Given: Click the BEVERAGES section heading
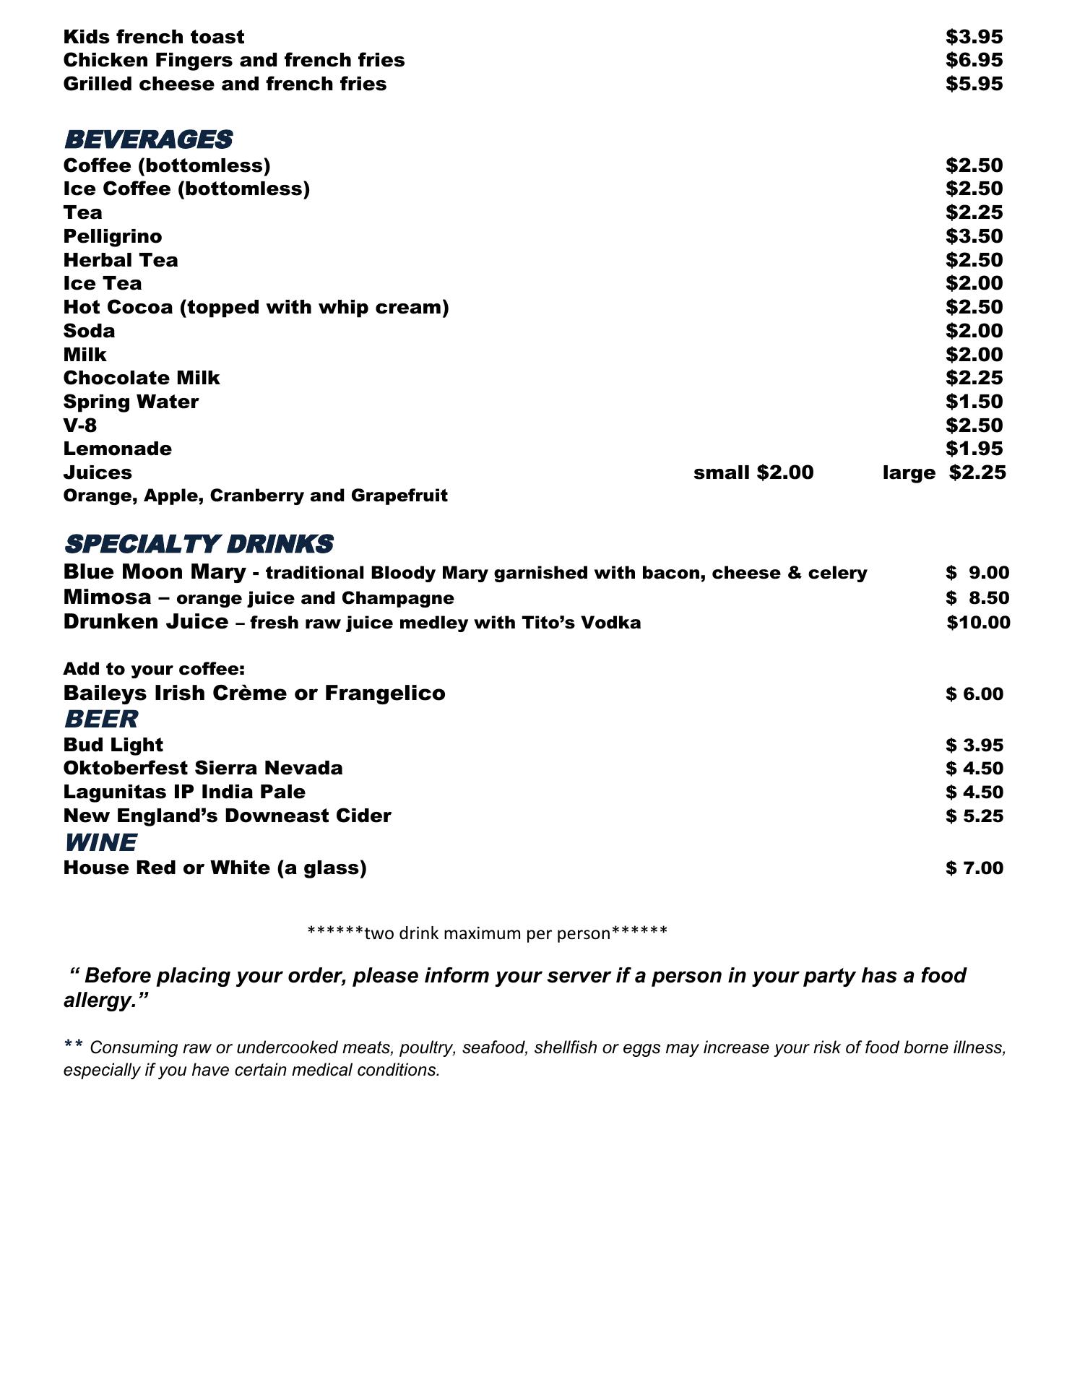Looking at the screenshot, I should click(148, 139).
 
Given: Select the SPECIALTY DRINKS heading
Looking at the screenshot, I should click(198, 544).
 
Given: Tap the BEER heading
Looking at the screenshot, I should click(100, 720).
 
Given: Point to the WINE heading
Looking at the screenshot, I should click(100, 843).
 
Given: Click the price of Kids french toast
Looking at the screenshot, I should click(974, 37).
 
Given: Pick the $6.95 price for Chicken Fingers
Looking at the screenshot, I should click(974, 60).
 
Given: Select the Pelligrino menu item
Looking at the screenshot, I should click(113, 237).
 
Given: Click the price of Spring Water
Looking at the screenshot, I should click(974, 402).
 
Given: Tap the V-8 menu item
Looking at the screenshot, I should click(80, 425).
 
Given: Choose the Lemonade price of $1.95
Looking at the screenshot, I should click(974, 449).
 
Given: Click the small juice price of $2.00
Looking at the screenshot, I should click(784, 472).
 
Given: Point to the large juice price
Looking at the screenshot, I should click(977, 472).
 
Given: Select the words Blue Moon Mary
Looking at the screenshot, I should click(155, 572).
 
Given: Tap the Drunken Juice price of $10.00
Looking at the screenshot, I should click(978, 623).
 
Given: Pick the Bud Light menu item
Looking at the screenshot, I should click(113, 745).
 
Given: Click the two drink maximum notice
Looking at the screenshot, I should click(487, 933).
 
